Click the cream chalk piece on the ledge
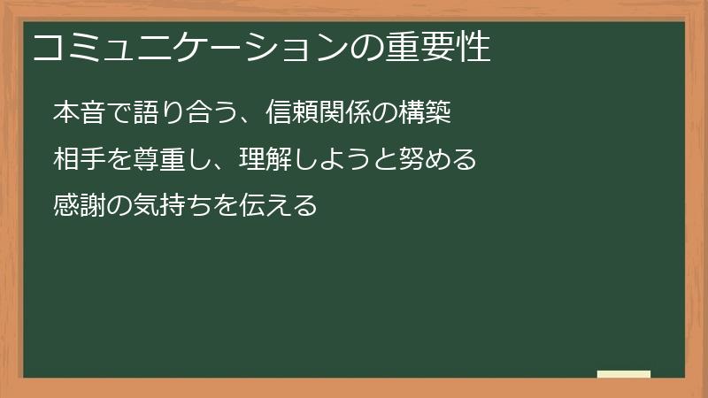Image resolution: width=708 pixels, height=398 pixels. [x=623, y=375]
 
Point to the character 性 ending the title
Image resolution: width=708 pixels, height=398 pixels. [x=474, y=48]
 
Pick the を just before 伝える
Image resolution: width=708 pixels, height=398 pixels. [x=227, y=207]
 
